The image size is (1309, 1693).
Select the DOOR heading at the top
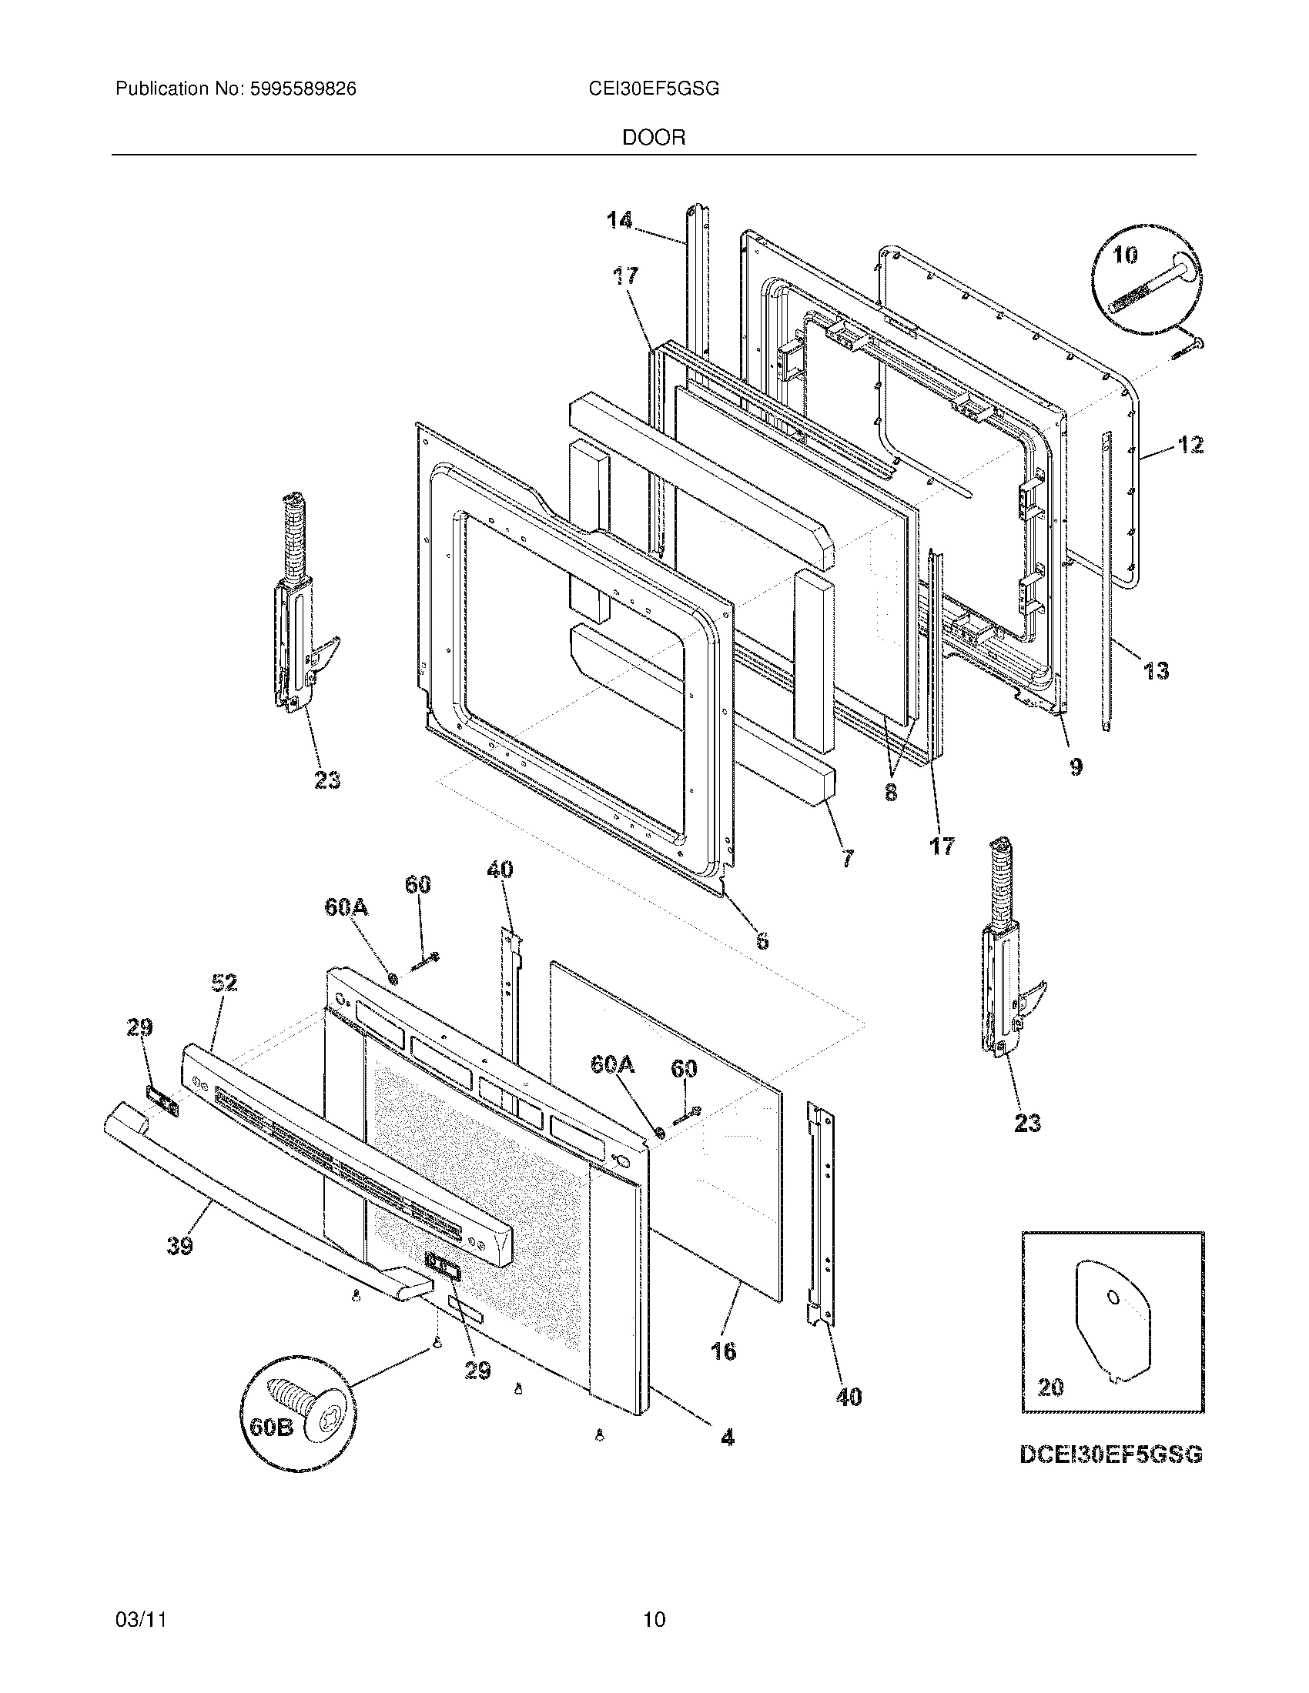[x=653, y=138]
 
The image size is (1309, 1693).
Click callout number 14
[x=619, y=221]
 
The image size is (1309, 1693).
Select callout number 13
[x=1156, y=670]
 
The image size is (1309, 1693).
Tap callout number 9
[x=1076, y=767]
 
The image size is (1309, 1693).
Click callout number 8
[x=891, y=792]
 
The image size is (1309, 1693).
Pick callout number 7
[x=847, y=858]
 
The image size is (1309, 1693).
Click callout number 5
[x=762, y=941]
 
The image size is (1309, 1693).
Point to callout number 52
[x=223, y=983]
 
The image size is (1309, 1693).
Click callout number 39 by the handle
[x=180, y=1247]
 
